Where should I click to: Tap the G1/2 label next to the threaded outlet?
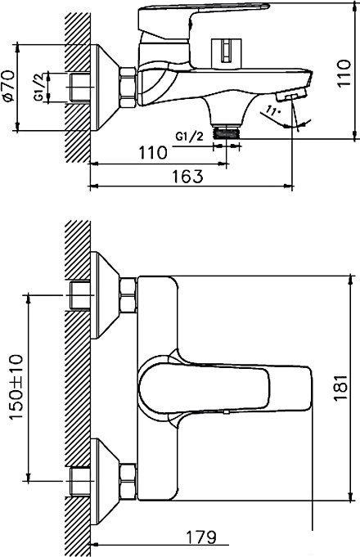tap(190, 134)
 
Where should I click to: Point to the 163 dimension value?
tap(189, 176)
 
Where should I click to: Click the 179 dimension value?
tap(200, 537)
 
